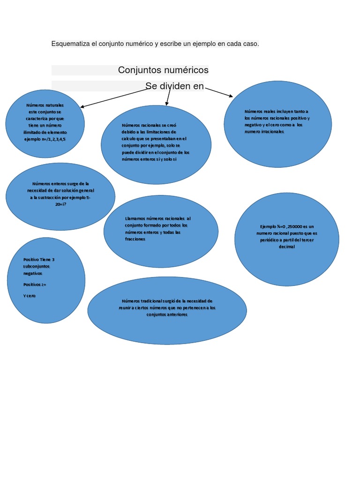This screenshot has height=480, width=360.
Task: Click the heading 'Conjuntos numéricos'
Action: (x=163, y=70)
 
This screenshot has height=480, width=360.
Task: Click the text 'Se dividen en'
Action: (x=174, y=86)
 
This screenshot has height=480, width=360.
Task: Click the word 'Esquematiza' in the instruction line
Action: (x=70, y=44)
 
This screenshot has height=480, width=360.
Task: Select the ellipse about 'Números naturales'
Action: (x=45, y=124)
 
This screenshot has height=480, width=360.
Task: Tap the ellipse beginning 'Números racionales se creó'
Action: (x=156, y=144)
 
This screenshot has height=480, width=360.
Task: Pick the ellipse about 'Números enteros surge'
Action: (x=60, y=196)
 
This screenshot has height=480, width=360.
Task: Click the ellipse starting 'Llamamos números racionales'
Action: (x=161, y=232)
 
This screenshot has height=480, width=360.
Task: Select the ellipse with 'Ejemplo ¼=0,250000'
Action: (x=286, y=239)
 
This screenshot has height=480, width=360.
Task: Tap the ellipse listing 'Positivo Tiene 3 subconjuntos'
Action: (x=46, y=280)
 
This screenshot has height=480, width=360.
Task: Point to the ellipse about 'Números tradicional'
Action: (x=167, y=310)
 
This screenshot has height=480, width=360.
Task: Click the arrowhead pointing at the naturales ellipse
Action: (x=82, y=107)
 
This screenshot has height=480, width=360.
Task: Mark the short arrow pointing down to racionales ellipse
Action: (x=167, y=98)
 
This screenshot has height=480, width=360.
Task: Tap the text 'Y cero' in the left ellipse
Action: (x=29, y=296)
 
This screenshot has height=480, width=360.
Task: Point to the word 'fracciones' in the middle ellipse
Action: (x=135, y=239)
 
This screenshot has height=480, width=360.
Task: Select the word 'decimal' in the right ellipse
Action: (x=286, y=247)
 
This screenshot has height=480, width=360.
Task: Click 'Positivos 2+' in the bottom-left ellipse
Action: (x=35, y=285)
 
